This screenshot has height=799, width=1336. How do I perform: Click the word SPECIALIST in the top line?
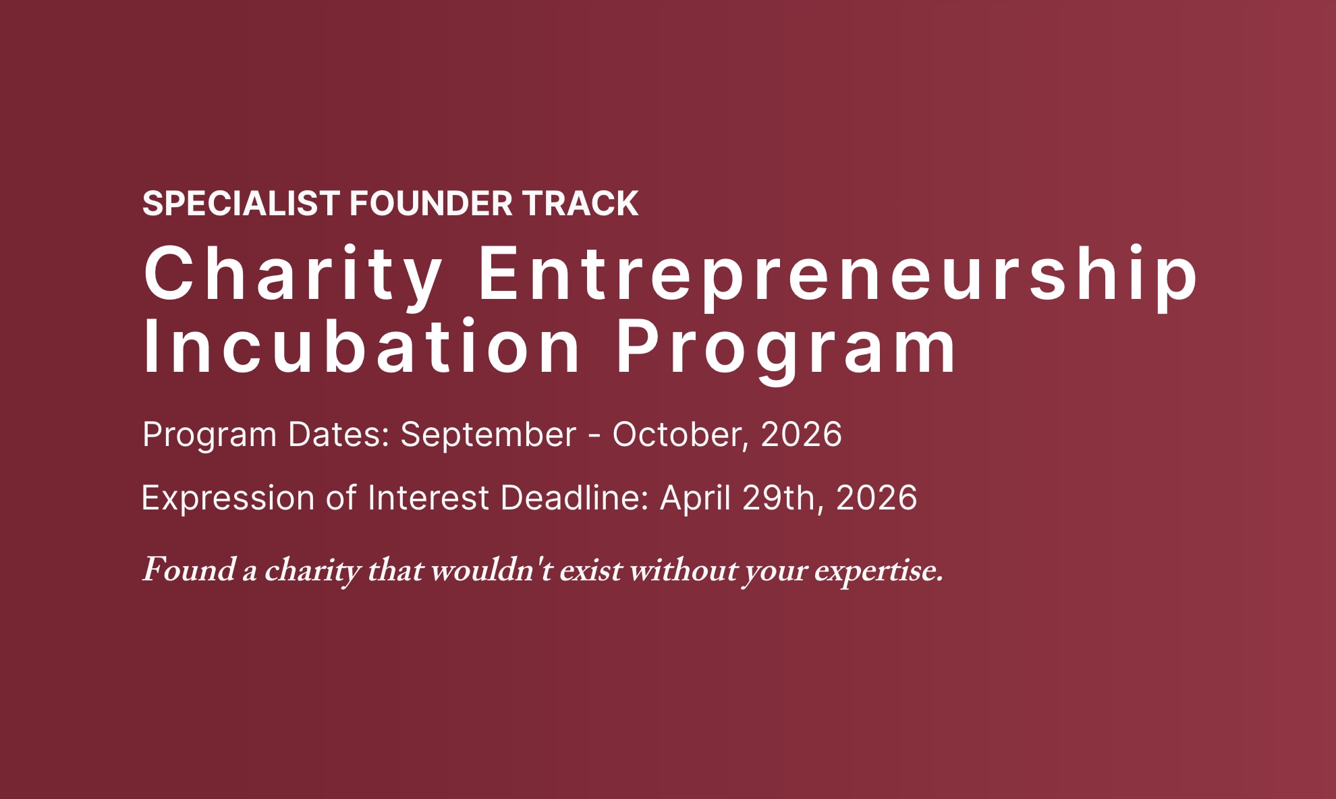[x=241, y=204]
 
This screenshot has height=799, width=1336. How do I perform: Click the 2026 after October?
[x=802, y=434]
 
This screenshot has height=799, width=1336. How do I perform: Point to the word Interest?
[x=428, y=498]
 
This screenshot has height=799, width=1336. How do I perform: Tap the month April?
[x=696, y=499]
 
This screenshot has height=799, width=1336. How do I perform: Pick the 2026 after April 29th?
[x=876, y=498]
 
